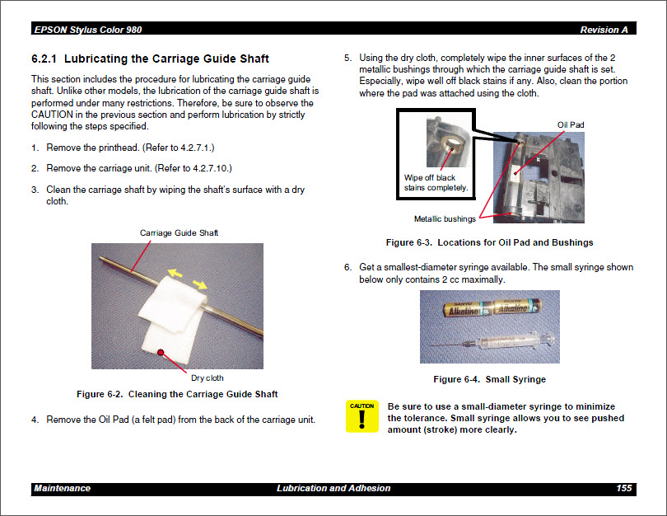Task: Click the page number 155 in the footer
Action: click(x=623, y=489)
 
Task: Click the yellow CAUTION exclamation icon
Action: click(x=361, y=417)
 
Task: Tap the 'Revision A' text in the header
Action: click(x=604, y=30)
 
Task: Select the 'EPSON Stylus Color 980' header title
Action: click(x=88, y=30)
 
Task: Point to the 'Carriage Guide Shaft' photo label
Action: click(x=179, y=233)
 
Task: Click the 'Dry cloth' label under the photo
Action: click(x=207, y=378)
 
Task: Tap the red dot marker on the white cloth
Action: click(x=162, y=352)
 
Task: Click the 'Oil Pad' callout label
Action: click(x=571, y=125)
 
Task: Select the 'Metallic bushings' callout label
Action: click(x=445, y=219)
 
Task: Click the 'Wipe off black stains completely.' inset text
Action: click(x=436, y=182)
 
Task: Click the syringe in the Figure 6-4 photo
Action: click(x=494, y=339)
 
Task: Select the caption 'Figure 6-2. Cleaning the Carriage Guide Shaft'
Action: click(x=177, y=394)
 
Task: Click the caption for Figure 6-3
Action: click(x=489, y=243)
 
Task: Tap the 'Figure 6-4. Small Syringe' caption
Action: click(x=489, y=379)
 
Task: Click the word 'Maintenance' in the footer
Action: click(x=63, y=489)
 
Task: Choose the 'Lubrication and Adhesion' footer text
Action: click(x=333, y=489)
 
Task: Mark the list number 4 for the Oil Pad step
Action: click(x=35, y=420)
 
